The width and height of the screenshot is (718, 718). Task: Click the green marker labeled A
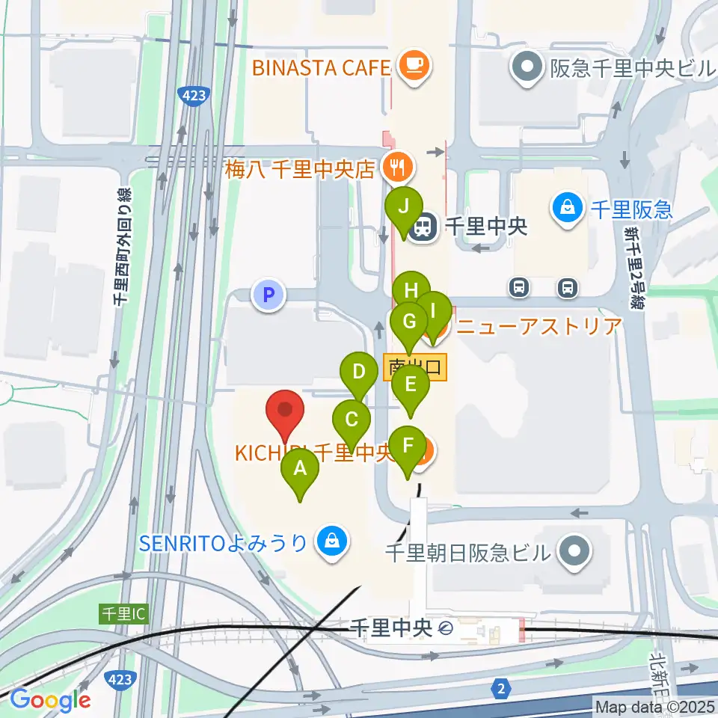point(300,469)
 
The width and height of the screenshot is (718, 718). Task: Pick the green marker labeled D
point(359,372)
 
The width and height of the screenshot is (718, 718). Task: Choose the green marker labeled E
point(410,385)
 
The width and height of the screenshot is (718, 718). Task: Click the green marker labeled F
point(408,447)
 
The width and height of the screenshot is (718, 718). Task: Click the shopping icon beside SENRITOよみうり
point(331,541)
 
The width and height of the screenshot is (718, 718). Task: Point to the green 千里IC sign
point(124,613)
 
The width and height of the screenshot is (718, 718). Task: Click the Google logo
point(51,700)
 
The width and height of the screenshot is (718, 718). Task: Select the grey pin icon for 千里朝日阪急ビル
point(574,553)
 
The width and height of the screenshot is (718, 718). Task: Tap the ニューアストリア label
point(538,326)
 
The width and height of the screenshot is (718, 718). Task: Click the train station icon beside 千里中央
point(424,227)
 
